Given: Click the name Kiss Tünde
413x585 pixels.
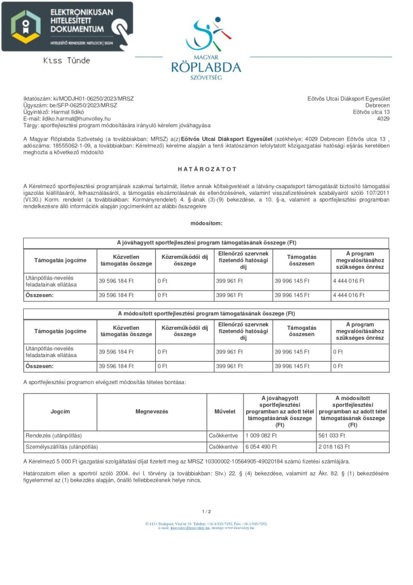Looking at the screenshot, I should [x=67, y=60].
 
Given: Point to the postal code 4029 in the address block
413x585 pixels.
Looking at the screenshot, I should [x=383, y=118].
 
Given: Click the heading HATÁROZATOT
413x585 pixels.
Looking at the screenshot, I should [x=206, y=169].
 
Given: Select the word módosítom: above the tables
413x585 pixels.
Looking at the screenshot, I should [x=206, y=223].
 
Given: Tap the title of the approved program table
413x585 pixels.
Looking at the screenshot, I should [x=206, y=243].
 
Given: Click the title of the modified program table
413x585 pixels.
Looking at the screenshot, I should [x=206, y=314].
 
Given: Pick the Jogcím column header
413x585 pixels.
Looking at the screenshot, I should [x=60, y=411].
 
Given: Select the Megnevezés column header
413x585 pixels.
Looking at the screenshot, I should [x=152, y=411].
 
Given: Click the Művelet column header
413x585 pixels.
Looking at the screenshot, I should [x=225, y=411].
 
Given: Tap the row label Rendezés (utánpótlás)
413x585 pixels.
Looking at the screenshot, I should [x=54, y=436].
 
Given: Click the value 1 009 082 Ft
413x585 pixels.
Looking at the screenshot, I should [x=261, y=436].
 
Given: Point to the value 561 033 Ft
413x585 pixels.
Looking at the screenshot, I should [x=332, y=436].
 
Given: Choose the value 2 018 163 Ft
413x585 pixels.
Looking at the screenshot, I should [x=335, y=447].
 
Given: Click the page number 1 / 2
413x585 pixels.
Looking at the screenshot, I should [x=206, y=512].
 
